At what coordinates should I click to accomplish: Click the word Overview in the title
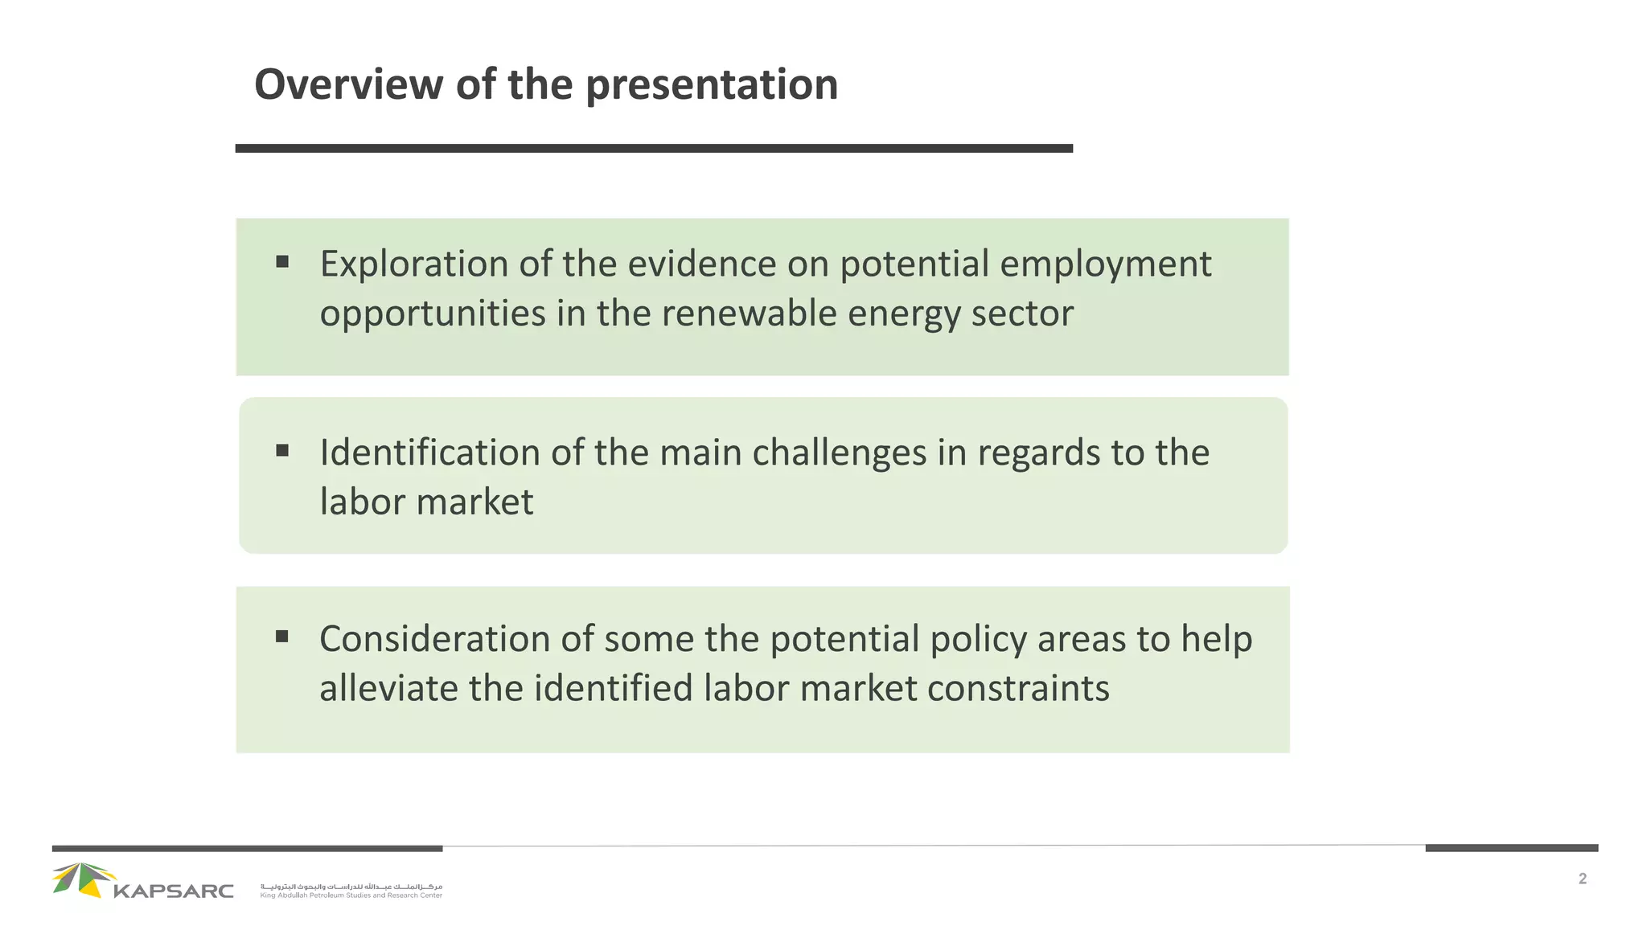pyautogui.click(x=348, y=84)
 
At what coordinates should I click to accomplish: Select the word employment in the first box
pyautogui.click(x=1106, y=264)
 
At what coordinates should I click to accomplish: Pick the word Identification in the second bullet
pyautogui.click(x=429, y=453)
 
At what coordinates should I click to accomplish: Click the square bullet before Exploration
pyautogui.click(x=282, y=261)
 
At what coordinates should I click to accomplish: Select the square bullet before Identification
pyautogui.click(x=282, y=450)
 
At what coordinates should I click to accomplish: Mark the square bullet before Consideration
pyautogui.click(x=282, y=637)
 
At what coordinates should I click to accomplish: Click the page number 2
pyautogui.click(x=1582, y=879)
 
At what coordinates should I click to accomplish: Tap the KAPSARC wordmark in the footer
pyautogui.click(x=174, y=891)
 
